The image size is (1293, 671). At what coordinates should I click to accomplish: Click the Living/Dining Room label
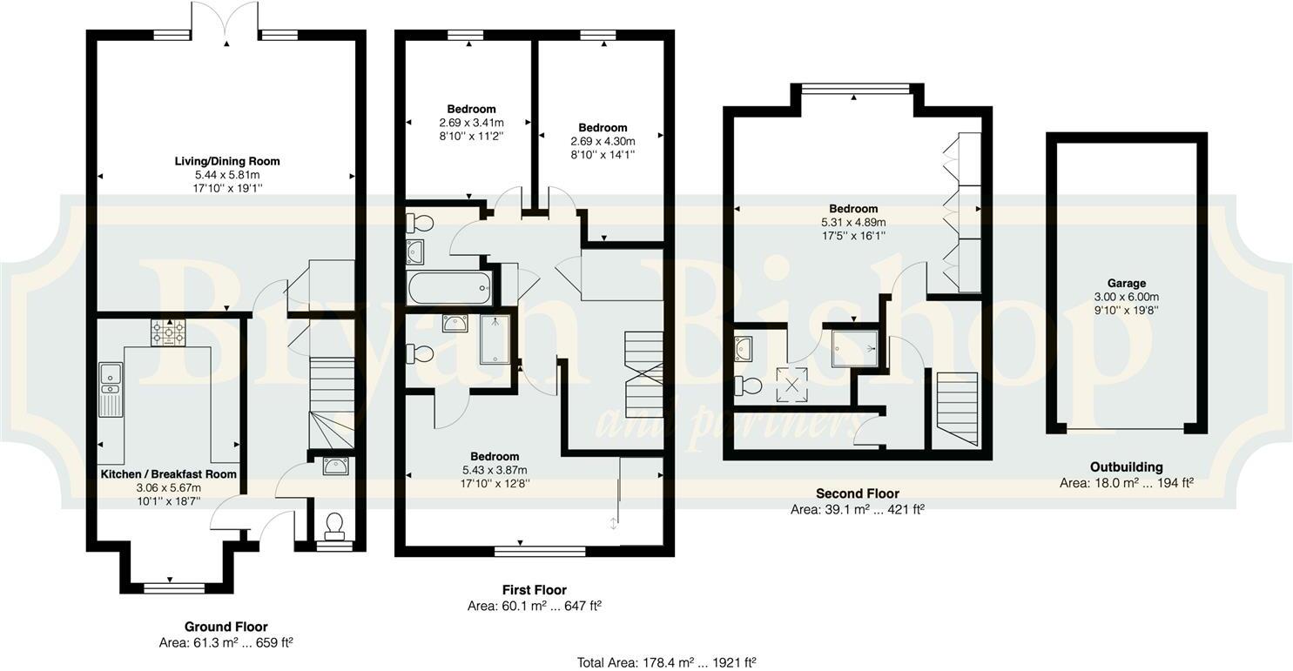pos(227,161)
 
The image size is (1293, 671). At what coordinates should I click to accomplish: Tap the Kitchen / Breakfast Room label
pos(169,474)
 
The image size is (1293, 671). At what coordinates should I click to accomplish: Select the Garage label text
pos(1126,283)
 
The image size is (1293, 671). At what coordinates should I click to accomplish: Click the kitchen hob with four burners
pos(168,333)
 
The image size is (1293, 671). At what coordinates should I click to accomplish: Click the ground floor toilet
pos(333,525)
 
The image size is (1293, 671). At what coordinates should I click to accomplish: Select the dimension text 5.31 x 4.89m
pos(853,222)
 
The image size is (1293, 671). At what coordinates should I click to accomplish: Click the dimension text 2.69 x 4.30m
pos(603,141)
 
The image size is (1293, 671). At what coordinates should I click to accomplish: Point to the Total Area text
pos(666,662)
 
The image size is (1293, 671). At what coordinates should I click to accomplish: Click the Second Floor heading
pos(857,493)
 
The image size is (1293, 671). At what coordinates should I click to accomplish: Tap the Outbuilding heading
pos(1126,467)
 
